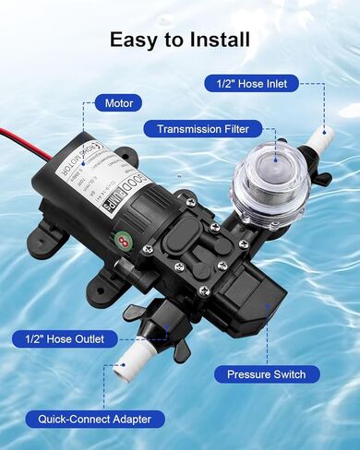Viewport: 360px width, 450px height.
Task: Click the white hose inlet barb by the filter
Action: pyautogui.click(x=318, y=142)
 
